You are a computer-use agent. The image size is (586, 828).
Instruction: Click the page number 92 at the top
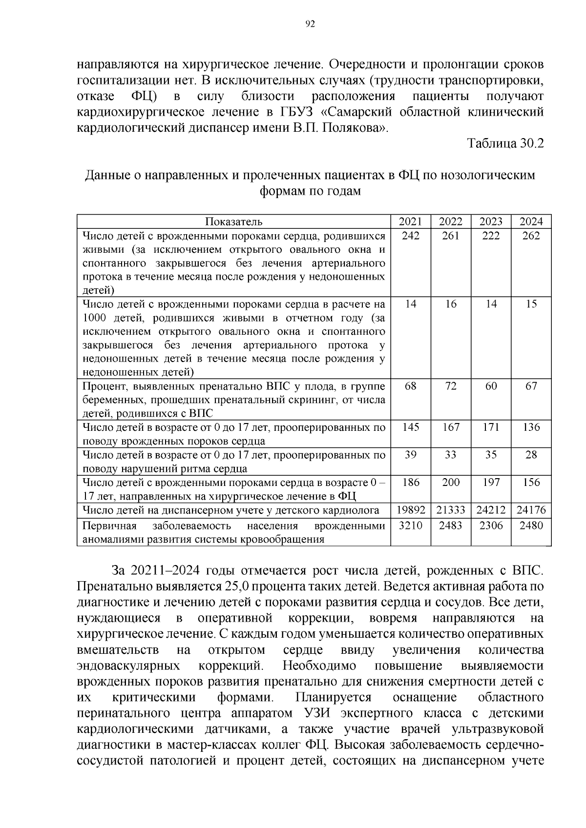(x=310, y=25)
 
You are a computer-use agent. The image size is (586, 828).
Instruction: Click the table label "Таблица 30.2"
(x=505, y=143)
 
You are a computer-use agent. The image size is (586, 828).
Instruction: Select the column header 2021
(x=411, y=222)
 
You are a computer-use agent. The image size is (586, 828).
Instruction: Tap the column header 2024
(x=531, y=222)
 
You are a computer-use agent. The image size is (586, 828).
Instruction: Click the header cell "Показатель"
(x=233, y=222)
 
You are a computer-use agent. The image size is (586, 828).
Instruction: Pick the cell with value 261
(x=451, y=236)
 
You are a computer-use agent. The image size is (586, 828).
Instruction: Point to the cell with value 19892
(x=411, y=510)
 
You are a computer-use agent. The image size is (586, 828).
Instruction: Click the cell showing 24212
(x=491, y=510)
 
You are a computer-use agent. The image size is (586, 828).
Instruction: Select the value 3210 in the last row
(x=411, y=525)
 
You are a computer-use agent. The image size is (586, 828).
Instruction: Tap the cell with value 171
(x=491, y=427)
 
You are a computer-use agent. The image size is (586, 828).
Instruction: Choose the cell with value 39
(x=411, y=455)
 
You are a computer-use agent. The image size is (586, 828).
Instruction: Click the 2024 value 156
(x=531, y=483)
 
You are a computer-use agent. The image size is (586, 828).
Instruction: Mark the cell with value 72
(x=451, y=386)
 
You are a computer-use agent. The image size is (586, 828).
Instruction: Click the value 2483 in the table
(x=451, y=525)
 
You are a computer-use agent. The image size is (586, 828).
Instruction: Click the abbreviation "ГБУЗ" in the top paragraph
(x=296, y=112)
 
